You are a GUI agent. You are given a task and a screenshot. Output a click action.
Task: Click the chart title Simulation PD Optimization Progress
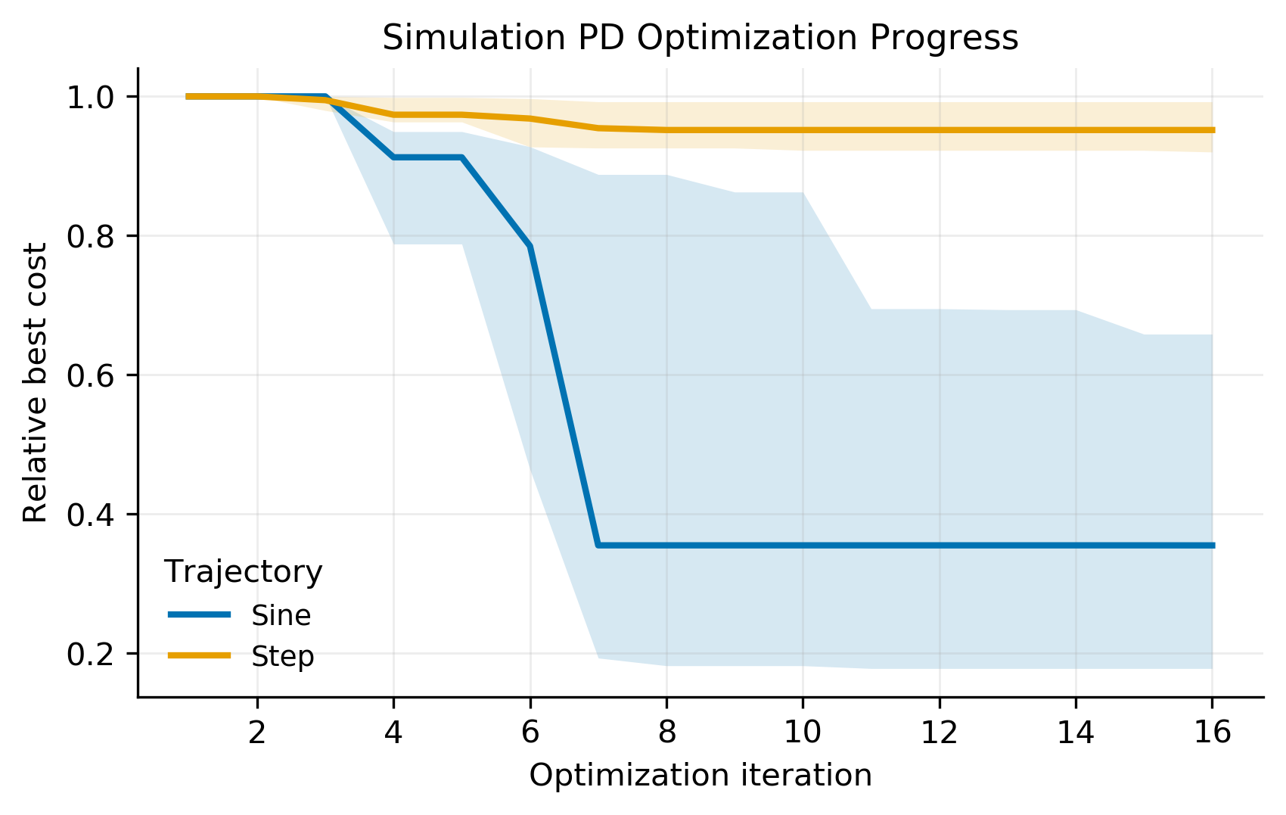click(x=700, y=39)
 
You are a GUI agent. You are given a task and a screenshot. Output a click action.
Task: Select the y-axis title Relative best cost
click(x=35, y=382)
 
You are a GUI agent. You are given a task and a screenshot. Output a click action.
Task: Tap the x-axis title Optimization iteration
click(x=700, y=776)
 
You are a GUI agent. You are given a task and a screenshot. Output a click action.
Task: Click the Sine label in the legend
click(x=281, y=616)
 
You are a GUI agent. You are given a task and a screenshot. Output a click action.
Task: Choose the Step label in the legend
click(x=282, y=657)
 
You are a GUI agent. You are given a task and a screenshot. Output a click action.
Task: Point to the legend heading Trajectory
click(x=244, y=573)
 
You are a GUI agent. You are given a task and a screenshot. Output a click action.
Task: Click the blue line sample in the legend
click(x=199, y=615)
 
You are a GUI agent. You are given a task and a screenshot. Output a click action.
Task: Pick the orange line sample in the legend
click(x=199, y=655)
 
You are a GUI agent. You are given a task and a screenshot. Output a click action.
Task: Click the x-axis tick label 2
click(x=257, y=733)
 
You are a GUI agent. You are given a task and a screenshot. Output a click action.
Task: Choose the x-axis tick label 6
click(x=530, y=733)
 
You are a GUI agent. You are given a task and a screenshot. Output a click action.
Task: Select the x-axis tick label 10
click(x=803, y=733)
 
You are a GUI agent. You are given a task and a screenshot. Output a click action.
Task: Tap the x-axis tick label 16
click(x=1212, y=733)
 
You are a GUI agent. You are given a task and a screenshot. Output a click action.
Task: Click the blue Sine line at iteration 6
click(x=530, y=246)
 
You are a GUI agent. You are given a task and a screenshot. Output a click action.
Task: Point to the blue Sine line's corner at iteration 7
click(x=598, y=545)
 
